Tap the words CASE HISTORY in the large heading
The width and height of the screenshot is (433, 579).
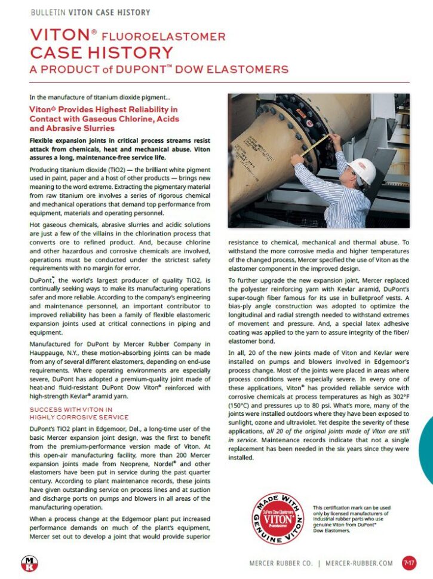102,53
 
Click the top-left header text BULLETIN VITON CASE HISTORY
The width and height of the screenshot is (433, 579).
90,12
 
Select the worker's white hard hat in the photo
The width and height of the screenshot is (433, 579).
362,170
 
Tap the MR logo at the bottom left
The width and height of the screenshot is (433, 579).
28,563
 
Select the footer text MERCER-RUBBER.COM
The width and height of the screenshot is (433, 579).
360,563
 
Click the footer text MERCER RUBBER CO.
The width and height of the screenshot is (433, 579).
280,563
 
